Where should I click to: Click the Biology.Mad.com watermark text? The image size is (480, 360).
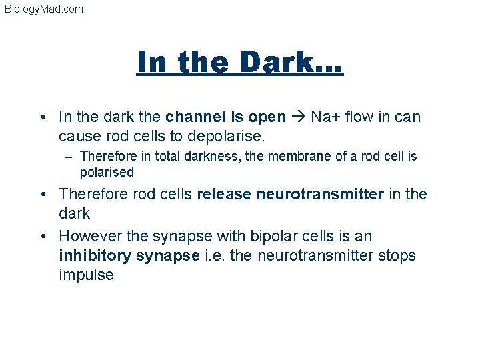(x=44, y=9)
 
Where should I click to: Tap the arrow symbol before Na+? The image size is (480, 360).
(x=298, y=117)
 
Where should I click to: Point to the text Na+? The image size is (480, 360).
(x=325, y=117)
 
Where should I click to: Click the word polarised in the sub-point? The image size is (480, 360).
(x=107, y=172)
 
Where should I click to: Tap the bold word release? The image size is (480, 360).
(x=225, y=194)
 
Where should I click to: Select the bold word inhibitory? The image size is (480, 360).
(x=95, y=255)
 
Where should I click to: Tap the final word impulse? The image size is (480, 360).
(x=87, y=275)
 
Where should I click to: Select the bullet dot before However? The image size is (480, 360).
(x=44, y=237)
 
